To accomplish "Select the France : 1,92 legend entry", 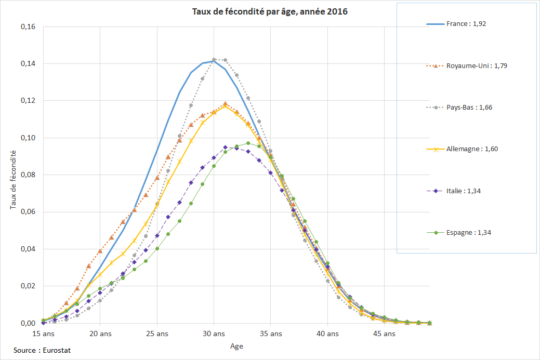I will point(466,24).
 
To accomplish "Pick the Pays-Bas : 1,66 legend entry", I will point(469,108).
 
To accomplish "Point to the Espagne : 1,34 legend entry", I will point(468,232).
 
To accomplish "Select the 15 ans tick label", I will point(44,334).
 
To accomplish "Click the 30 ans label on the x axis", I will point(214,334).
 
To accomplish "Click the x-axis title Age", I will point(236,346).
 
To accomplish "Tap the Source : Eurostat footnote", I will point(42,351).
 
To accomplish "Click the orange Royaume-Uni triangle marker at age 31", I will point(225,104).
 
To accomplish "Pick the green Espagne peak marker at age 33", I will point(248,143).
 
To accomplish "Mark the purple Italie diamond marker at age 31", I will point(225,147).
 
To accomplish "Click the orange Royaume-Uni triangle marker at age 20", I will point(100,251).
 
